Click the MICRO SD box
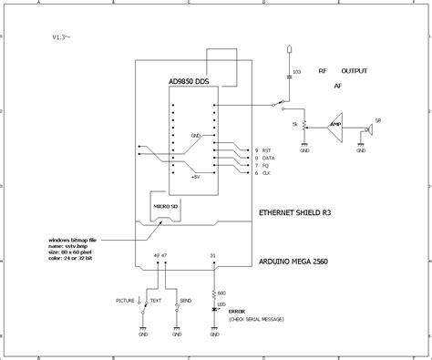[165, 206]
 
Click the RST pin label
[267, 149]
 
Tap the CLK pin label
[267, 173]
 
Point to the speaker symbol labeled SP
[369, 129]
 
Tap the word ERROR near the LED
[239, 313]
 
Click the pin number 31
[213, 256]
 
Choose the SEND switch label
[184, 299]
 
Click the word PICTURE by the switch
[126, 299]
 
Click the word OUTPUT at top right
[355, 70]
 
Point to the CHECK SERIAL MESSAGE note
[257, 320]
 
